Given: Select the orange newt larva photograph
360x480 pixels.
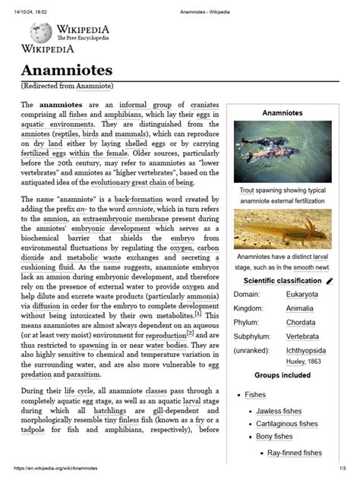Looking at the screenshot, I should (x=282, y=230).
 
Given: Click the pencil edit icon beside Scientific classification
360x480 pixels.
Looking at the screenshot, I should (x=330, y=280).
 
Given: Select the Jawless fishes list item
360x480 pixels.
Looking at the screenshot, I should (x=279, y=411).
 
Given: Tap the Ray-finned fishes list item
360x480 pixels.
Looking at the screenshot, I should (x=295, y=453).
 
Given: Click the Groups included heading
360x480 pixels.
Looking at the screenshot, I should (x=282, y=375).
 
